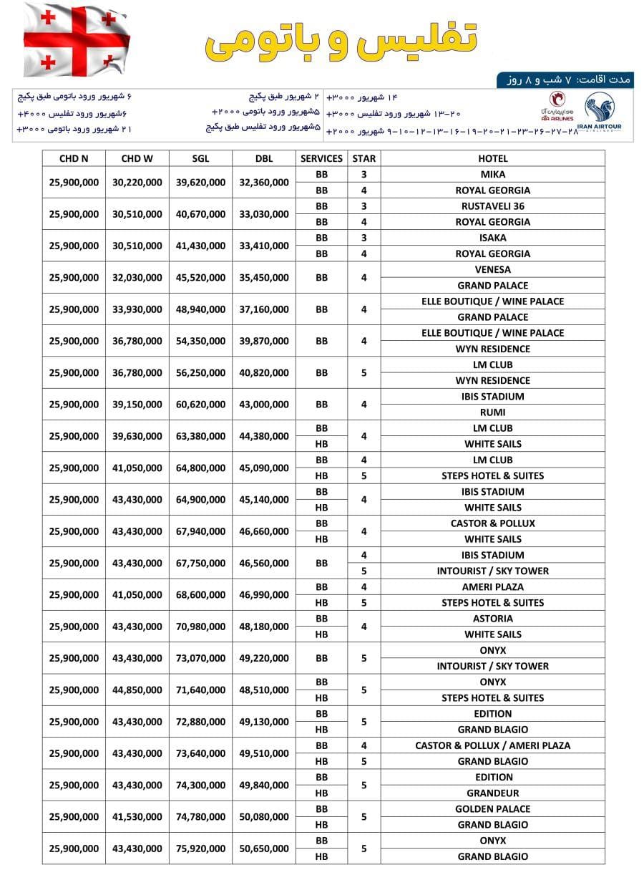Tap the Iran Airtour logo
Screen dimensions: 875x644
tap(603, 113)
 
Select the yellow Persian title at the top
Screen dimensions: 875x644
tap(342, 40)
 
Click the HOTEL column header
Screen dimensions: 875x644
tap(492, 158)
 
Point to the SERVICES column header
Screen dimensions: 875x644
tap(321, 158)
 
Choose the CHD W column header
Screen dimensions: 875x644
tap(137, 158)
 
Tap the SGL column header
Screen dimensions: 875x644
tap(200, 158)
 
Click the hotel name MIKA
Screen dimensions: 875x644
tap(492, 174)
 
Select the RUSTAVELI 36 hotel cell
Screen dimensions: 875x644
tap(492, 206)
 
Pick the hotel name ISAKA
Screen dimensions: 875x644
tap(492, 238)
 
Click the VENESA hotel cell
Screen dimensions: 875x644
tap(492, 269)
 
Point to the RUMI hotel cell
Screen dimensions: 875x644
tap(492, 412)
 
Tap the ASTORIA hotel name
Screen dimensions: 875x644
tap(492, 618)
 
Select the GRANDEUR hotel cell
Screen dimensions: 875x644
tap(492, 793)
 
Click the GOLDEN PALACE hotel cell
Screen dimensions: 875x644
tap(492, 808)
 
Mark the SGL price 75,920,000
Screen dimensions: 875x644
tap(200, 849)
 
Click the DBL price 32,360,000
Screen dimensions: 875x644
tap(264, 183)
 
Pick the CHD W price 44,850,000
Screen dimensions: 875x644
tap(137, 690)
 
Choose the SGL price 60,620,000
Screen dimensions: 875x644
tap(200, 405)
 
